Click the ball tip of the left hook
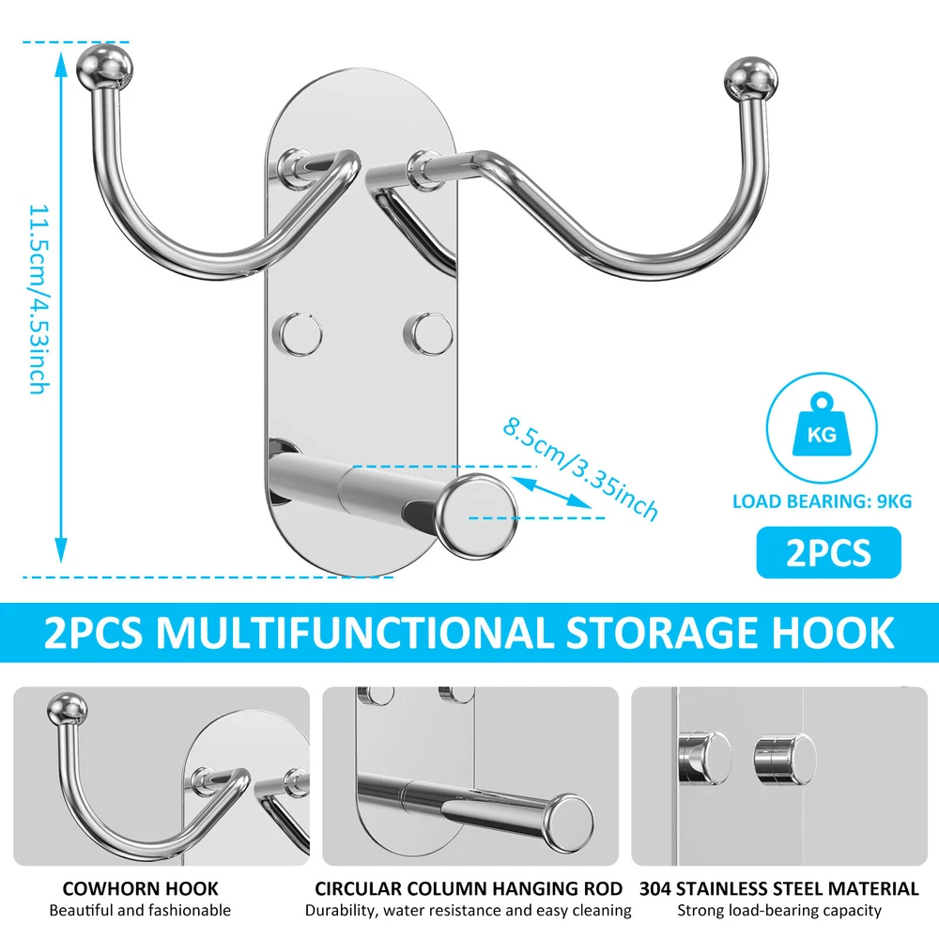[105, 67]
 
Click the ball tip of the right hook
[750, 79]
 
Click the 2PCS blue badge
[829, 552]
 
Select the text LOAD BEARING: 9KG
[823, 501]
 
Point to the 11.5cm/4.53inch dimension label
[38, 300]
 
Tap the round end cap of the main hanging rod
[477, 516]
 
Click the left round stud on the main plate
[298, 333]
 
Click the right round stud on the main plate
[428, 333]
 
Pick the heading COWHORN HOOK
[140, 888]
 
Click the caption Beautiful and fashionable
[140, 911]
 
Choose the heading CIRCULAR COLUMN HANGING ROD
[469, 888]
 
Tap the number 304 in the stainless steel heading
[655, 888]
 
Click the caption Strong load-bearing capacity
[779, 911]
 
